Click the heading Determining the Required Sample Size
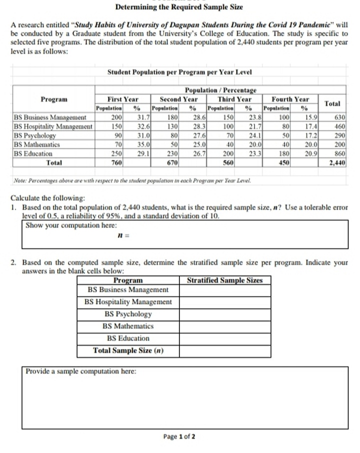[179, 7]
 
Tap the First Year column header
[123, 99]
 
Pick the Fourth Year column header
[290, 99]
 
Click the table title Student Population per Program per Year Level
[179, 72]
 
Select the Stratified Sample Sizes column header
[224, 280]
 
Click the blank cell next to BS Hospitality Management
[224, 302]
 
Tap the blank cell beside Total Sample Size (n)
[224, 350]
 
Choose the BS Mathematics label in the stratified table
[128, 326]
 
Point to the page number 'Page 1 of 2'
[179, 436]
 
